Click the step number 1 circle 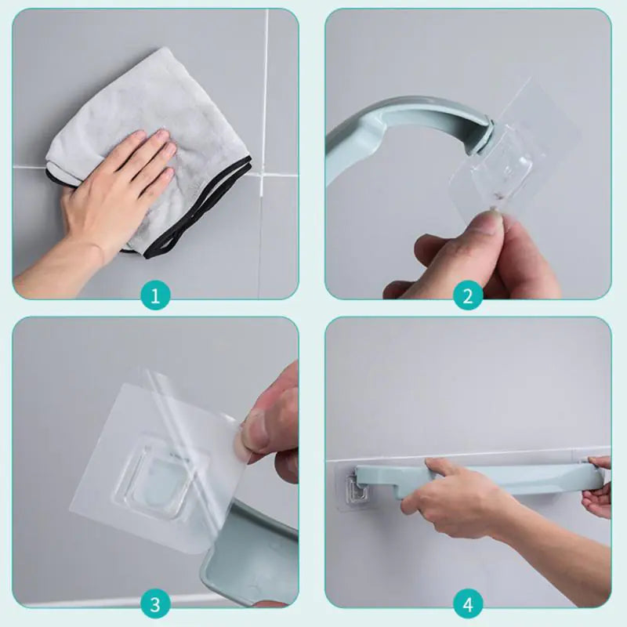(x=155, y=295)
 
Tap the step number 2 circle (x=468, y=295)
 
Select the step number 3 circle (x=155, y=604)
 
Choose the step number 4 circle (x=468, y=604)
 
